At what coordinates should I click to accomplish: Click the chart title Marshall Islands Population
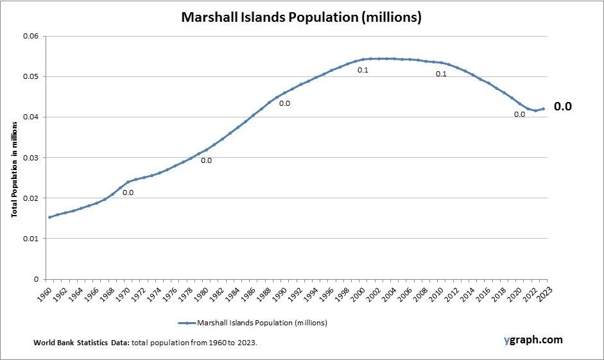(x=301, y=17)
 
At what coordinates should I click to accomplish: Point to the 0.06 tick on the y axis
(x=31, y=36)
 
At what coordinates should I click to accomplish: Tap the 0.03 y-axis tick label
(x=31, y=158)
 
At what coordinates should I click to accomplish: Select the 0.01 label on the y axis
(x=31, y=239)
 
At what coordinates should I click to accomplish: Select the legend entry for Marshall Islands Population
(x=253, y=323)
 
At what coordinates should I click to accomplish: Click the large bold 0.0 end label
(x=562, y=107)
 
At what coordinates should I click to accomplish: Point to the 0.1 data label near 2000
(x=363, y=70)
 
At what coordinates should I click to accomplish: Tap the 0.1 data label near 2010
(x=441, y=74)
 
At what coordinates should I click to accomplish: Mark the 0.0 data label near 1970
(x=128, y=193)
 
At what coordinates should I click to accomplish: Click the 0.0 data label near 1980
(x=206, y=160)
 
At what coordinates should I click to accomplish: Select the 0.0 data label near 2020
(x=519, y=114)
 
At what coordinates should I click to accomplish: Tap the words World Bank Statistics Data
(x=82, y=343)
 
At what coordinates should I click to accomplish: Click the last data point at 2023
(x=544, y=108)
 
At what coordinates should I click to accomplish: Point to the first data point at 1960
(x=50, y=217)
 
